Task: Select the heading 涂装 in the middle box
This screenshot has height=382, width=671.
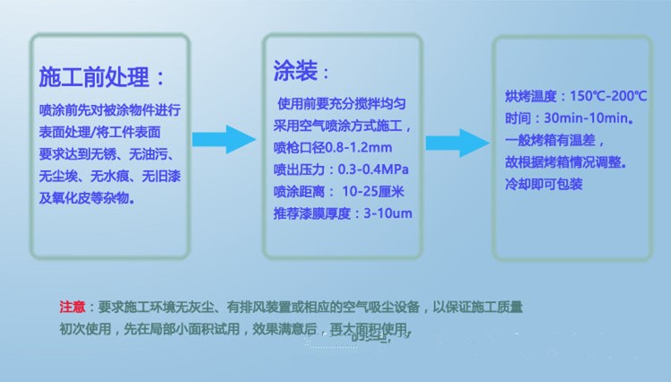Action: click(295, 71)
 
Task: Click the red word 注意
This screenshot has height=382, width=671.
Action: click(72, 307)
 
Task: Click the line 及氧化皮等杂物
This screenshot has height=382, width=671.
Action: click(87, 198)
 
